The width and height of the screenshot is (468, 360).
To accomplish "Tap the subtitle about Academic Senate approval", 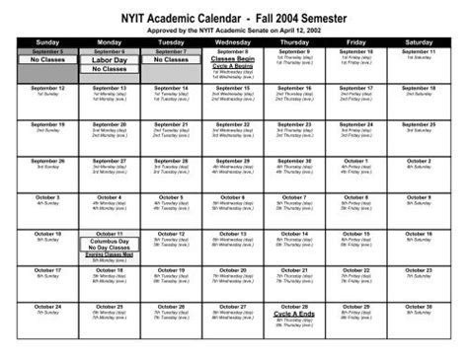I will click(233, 31).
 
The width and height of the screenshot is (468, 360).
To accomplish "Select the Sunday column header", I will click(47, 42).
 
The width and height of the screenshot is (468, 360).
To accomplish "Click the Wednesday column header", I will click(233, 42).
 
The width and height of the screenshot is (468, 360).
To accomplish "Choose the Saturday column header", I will click(418, 42).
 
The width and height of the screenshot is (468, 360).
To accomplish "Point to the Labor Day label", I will click(110, 60).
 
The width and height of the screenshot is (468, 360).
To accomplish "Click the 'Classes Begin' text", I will click(233, 59).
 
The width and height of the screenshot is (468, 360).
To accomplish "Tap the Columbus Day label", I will click(110, 241).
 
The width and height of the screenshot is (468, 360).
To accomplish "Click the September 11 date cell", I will click(418, 51).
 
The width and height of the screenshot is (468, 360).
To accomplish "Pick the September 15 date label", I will click(233, 88).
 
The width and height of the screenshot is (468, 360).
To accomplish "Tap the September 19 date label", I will click(47, 124).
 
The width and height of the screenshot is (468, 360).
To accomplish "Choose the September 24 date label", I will click(356, 124).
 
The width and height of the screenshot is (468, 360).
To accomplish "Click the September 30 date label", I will click(294, 161).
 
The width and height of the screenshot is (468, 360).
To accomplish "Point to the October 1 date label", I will click(356, 161).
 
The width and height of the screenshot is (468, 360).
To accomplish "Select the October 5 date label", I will click(171, 197).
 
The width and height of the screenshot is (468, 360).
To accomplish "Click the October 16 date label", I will click(418, 234).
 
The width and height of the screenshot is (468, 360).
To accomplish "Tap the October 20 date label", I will click(233, 269).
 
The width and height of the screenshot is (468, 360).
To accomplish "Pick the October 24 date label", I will click(47, 306).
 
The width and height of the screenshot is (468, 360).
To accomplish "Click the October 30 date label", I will click(418, 306).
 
